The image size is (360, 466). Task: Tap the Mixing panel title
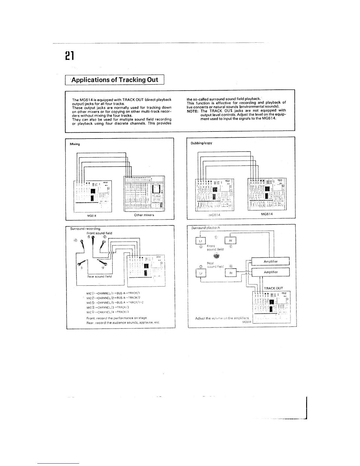point(75,144)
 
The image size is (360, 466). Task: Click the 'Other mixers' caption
point(144,215)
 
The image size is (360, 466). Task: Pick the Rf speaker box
point(230,240)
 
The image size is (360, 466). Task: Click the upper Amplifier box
point(271,261)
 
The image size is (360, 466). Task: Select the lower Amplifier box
point(271,272)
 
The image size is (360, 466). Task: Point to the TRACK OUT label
point(274,288)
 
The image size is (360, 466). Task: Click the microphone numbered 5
point(93,243)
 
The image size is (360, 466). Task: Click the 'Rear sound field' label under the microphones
point(99,277)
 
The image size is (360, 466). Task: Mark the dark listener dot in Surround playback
point(217,256)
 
